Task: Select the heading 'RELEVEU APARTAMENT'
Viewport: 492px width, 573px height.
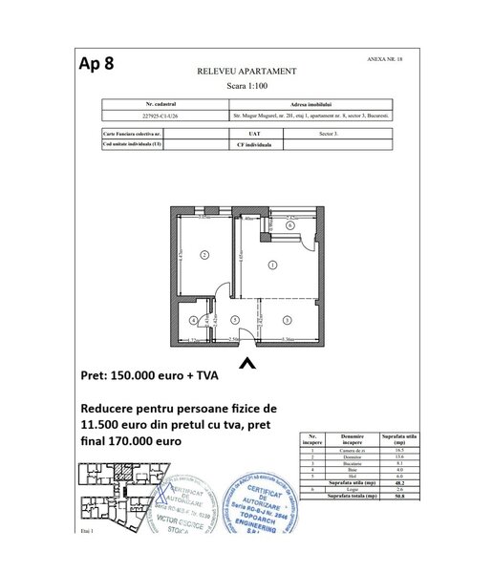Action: click(x=246, y=72)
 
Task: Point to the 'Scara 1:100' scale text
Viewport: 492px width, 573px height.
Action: click(x=246, y=84)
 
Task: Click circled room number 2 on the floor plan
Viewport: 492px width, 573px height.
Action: click(x=203, y=254)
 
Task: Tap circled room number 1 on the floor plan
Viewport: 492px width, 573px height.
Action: click(x=273, y=265)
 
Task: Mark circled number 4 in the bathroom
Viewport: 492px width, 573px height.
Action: click(x=194, y=320)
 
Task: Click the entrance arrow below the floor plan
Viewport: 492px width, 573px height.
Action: click(x=246, y=363)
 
